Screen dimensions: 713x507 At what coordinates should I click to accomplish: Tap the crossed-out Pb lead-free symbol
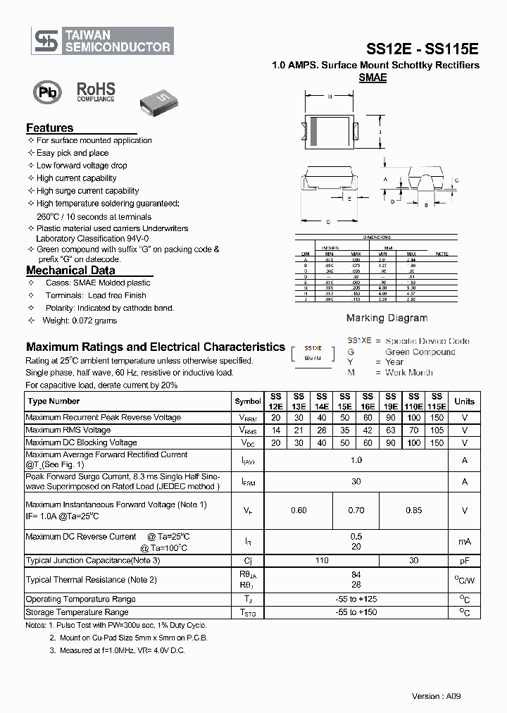tap(46, 93)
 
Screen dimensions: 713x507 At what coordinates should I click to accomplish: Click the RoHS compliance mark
tap(96, 92)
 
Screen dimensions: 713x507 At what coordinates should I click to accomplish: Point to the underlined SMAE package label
tap(373, 78)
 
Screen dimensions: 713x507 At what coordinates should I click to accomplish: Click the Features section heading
tap(49, 128)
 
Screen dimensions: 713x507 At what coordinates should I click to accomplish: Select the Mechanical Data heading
tap(70, 270)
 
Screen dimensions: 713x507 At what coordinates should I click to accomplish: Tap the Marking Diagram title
tap(387, 318)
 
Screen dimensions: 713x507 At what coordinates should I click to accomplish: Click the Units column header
tap(464, 401)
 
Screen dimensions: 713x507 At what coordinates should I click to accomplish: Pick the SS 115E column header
tap(437, 401)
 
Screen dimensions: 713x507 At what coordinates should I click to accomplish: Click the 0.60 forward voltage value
tap(299, 510)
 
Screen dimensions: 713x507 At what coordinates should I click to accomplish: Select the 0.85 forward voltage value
tap(414, 510)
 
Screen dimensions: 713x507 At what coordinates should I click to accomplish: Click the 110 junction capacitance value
tap(322, 560)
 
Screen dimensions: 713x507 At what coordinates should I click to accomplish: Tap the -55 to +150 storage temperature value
tap(356, 612)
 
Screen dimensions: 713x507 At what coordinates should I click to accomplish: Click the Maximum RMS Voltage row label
tap(68, 430)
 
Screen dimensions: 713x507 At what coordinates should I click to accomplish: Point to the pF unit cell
tap(464, 560)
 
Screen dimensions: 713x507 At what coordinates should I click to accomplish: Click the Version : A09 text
tap(436, 696)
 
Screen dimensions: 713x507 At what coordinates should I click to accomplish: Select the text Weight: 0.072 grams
tap(80, 321)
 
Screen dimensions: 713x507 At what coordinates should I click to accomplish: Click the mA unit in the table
tap(464, 541)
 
